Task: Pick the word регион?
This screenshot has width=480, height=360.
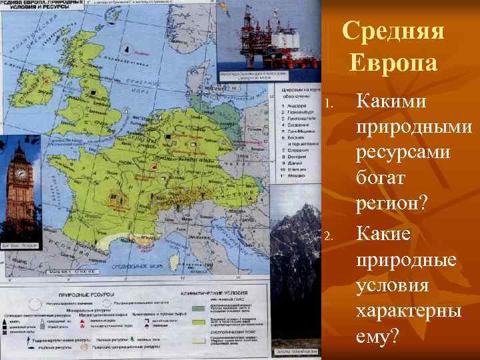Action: point(393,205)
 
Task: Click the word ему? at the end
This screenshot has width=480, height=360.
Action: point(378,337)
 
